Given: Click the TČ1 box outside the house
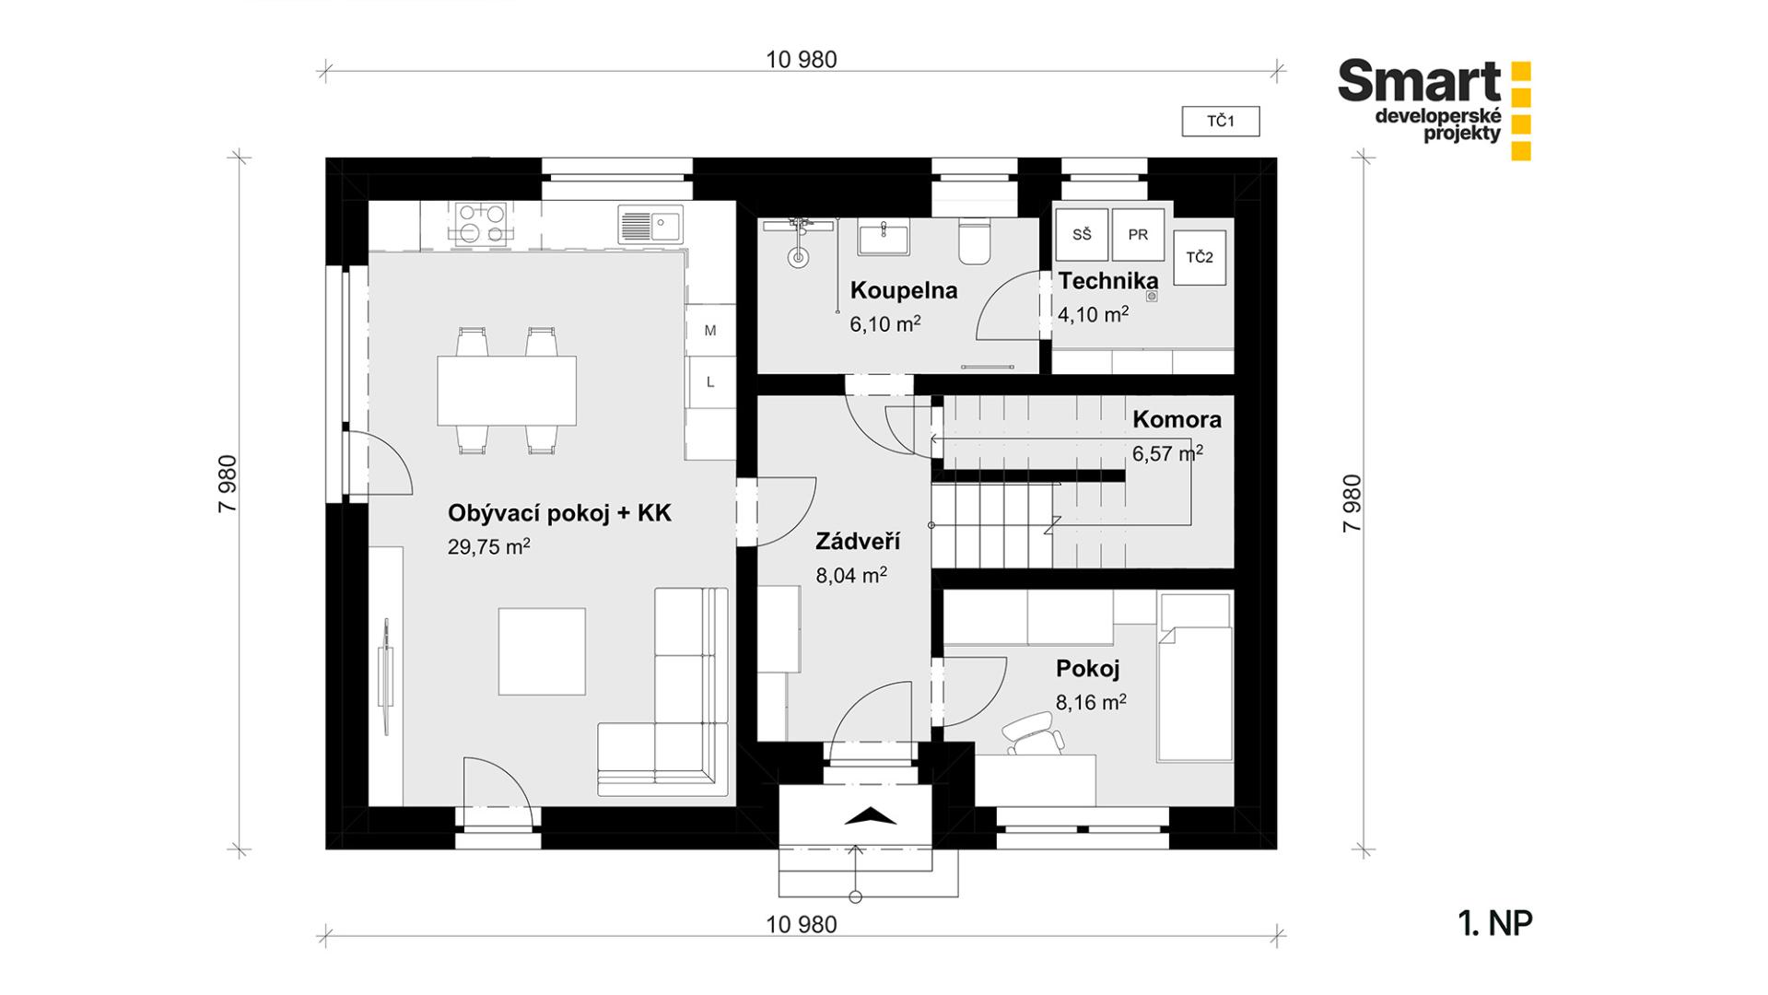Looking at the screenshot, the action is coord(1221,122).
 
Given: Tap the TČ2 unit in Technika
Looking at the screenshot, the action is coord(1200,257).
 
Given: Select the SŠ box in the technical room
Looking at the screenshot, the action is coord(1082,235).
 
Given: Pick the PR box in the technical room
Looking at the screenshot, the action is coord(1138,235).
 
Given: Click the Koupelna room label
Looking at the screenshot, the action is coord(904,290).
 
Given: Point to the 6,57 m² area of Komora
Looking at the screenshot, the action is coord(1167,453).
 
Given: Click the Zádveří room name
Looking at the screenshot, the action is coord(858,541).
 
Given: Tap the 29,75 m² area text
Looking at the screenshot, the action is coord(488,546).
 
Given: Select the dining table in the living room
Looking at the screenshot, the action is coord(507,390).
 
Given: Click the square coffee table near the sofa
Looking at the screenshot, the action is coord(542,651).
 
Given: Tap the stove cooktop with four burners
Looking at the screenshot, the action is coord(481,223).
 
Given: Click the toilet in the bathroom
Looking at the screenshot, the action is coord(974,240).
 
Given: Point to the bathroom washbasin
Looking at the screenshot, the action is coord(884,237).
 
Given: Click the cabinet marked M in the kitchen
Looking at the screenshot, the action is coord(710,330).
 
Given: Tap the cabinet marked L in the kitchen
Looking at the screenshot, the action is coord(710,381).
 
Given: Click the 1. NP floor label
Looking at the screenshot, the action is coord(1495,923).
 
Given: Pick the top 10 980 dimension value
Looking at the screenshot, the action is coord(802,60).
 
